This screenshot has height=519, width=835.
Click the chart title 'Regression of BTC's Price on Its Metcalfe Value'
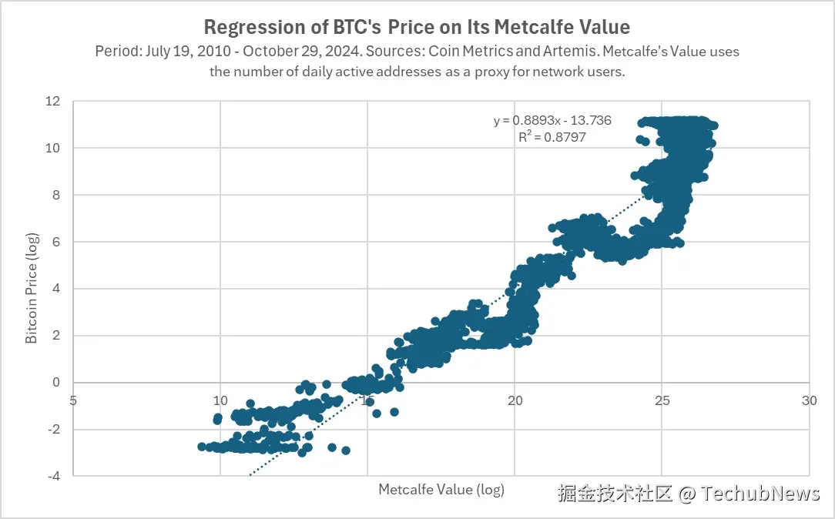(417, 28)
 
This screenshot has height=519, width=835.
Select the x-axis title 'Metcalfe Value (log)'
(441, 489)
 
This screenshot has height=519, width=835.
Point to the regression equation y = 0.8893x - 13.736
(542, 121)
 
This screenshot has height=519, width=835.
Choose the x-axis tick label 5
(73, 400)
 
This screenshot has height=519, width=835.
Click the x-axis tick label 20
(515, 400)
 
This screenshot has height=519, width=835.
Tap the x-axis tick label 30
(809, 400)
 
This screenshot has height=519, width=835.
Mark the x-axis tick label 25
(662, 400)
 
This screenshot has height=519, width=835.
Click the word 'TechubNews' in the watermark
(760, 494)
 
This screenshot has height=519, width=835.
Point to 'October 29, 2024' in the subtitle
(291, 52)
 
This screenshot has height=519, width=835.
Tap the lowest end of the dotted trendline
(250, 475)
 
